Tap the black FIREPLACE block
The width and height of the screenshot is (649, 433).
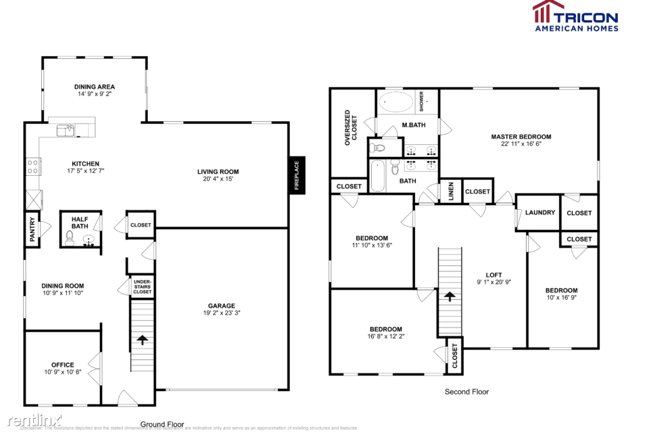click(296, 175)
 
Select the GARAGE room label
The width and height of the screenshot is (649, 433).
click(221, 306)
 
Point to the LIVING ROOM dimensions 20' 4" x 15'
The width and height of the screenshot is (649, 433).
click(218, 179)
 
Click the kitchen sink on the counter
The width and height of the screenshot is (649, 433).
click(66, 129)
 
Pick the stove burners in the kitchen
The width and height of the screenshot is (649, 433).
click(32, 166)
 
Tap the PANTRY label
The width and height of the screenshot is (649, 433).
click(32, 229)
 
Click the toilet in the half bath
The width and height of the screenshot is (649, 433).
click(69, 237)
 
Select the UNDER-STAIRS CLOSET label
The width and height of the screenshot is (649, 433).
click(142, 286)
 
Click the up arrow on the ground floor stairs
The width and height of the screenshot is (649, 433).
click(142, 340)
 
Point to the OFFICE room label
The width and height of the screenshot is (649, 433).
click(63, 365)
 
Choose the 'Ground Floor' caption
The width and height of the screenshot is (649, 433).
click(162, 424)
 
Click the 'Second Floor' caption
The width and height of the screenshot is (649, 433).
click(466, 392)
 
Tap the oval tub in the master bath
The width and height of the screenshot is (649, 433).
click(395, 103)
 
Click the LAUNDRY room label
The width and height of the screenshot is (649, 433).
click(540, 212)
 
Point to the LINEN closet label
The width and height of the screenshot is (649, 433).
click(451, 191)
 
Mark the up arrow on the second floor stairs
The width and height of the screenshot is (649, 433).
click(449, 296)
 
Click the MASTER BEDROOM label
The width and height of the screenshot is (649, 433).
click(521, 137)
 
